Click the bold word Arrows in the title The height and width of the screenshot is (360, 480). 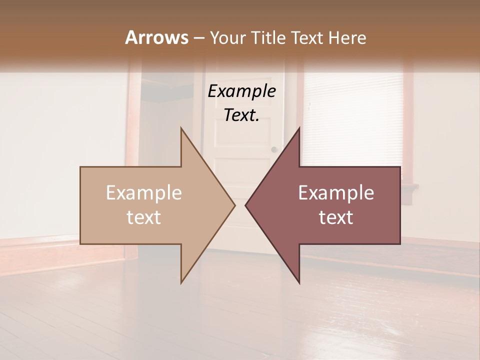coord(156,37)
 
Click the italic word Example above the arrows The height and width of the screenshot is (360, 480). coord(241,91)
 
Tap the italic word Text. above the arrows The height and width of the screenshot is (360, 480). coord(241,115)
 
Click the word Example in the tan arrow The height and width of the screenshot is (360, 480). coord(144,193)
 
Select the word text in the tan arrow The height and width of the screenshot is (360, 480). coord(144,217)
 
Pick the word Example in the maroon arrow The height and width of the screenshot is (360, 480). coord(336,193)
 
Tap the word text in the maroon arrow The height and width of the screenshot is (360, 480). coord(336,217)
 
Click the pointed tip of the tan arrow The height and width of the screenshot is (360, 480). coord(234,205)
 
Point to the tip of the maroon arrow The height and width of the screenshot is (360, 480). coord(246,205)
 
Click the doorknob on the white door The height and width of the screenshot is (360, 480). coord(274,149)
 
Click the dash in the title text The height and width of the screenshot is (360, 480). coord(198,38)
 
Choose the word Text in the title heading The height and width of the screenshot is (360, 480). coord(308,37)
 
